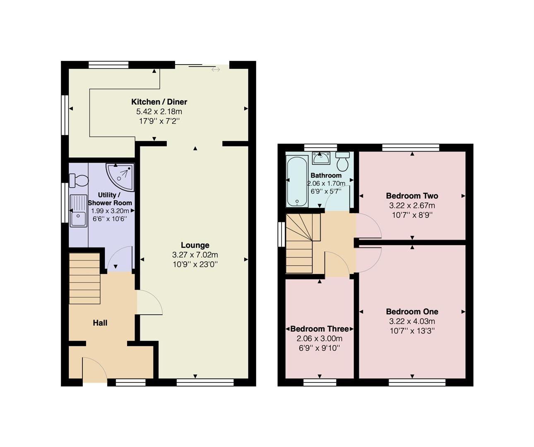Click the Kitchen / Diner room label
coord(159,102)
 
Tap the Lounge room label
coord(195,245)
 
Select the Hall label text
coord(100,323)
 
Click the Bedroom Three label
coord(320,329)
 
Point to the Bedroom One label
coord(412,312)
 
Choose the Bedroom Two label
coord(412,196)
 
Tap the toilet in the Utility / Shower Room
coord(79,180)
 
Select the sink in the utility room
coord(78,211)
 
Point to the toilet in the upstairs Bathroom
coord(342,162)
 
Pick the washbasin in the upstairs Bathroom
coord(321,157)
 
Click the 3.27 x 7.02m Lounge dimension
coord(195,255)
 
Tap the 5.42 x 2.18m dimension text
coord(159,112)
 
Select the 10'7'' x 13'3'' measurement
coord(412,331)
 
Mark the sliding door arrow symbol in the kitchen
coord(216,70)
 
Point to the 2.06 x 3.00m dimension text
coord(320,339)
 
